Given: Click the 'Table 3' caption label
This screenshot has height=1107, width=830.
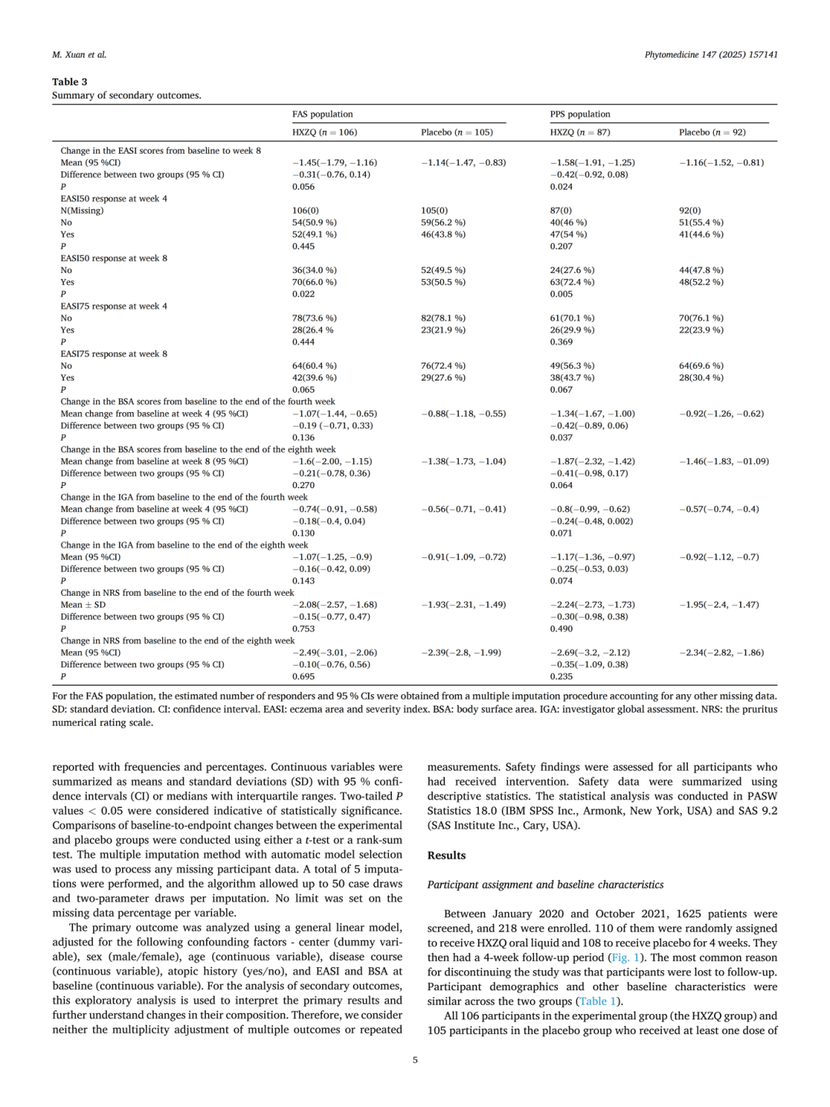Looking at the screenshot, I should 69,81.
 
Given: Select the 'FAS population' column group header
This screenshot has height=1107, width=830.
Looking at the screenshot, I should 322,114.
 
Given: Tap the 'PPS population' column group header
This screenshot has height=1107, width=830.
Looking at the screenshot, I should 579,114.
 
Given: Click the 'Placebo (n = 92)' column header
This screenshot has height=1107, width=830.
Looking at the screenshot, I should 712,132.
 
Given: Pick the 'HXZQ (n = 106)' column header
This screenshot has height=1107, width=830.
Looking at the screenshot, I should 324,132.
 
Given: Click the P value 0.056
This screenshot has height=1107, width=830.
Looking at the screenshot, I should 303,187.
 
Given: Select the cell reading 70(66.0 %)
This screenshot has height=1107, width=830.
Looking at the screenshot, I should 314,282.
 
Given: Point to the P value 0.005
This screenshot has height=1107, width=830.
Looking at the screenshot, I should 561,294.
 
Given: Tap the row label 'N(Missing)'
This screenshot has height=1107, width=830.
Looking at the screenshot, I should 82,211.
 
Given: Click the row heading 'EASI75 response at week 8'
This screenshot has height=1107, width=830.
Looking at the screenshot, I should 114,354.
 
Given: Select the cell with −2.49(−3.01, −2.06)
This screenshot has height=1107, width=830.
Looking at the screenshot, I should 334,653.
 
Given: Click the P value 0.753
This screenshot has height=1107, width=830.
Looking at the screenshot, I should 303,629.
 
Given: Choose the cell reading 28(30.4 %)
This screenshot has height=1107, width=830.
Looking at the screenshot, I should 701,377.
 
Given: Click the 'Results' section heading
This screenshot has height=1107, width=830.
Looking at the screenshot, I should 447,856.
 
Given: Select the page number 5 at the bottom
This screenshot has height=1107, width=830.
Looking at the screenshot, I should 415,1060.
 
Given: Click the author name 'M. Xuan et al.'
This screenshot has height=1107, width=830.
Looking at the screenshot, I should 79,55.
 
